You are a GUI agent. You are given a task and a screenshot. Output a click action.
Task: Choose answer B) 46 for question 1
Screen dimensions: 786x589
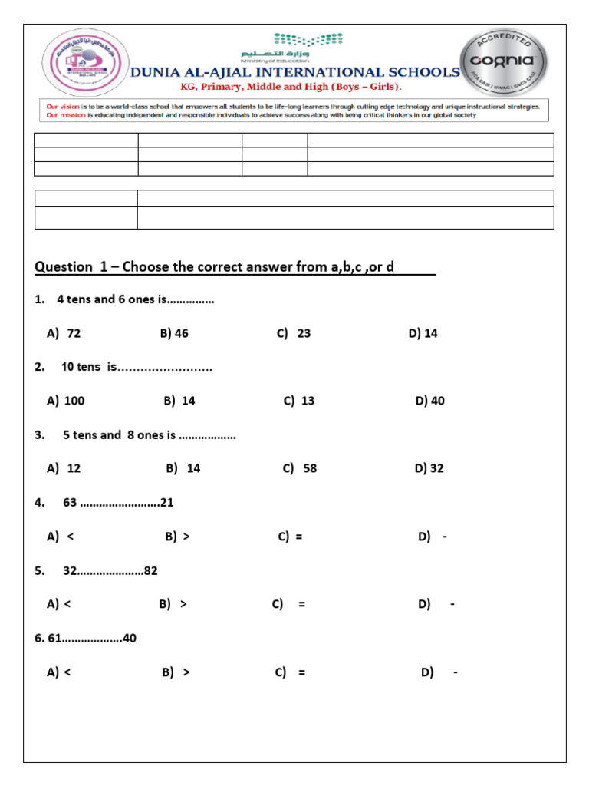174,333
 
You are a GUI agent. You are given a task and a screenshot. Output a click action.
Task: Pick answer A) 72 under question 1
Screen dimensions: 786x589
64,333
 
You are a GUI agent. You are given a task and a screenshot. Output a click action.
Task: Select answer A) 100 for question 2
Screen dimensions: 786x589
66,401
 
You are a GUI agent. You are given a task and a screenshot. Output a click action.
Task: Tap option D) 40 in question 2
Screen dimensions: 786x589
429,401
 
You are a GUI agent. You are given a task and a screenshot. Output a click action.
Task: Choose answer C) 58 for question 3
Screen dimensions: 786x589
299,468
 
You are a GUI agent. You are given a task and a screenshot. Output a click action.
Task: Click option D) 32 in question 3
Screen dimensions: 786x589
429,468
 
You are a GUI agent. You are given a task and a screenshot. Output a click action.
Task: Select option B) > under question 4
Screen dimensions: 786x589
177,537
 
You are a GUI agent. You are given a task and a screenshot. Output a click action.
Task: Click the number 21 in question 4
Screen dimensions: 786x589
167,503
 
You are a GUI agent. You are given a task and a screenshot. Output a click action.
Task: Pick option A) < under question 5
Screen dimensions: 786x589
59,604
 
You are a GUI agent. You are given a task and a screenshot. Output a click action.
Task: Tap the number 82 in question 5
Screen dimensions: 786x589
150,570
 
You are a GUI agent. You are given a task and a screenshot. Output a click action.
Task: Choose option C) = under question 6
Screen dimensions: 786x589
290,672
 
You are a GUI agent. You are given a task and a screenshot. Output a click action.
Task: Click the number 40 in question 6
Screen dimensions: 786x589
130,638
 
